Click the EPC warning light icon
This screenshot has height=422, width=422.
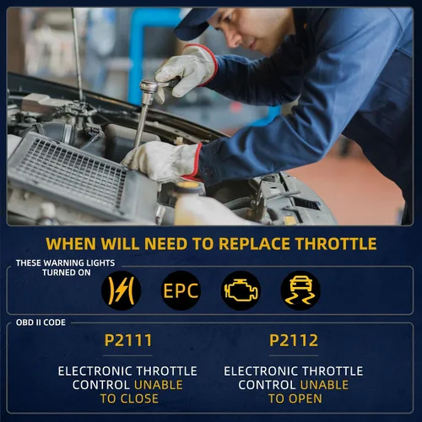[x=181, y=290]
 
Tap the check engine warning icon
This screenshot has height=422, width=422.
[x=241, y=290]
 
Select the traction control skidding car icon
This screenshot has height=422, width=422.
[x=300, y=290]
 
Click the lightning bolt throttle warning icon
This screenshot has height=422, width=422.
[x=121, y=290]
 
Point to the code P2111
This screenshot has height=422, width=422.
[x=128, y=340]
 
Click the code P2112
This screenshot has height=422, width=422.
[x=294, y=340]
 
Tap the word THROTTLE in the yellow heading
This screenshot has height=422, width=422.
[x=336, y=244]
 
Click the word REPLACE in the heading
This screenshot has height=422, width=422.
[x=255, y=244]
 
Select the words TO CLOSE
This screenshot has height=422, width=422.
[x=129, y=398]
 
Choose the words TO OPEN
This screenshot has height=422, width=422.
[x=295, y=398]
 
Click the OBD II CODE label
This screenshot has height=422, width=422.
[x=41, y=322]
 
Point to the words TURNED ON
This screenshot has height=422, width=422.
[x=67, y=273]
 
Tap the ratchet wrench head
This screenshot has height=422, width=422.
[x=149, y=86]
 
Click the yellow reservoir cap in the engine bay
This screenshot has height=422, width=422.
[x=187, y=186]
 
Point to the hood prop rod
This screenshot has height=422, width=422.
[x=78, y=53]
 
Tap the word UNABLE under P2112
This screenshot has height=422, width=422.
[x=324, y=385]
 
